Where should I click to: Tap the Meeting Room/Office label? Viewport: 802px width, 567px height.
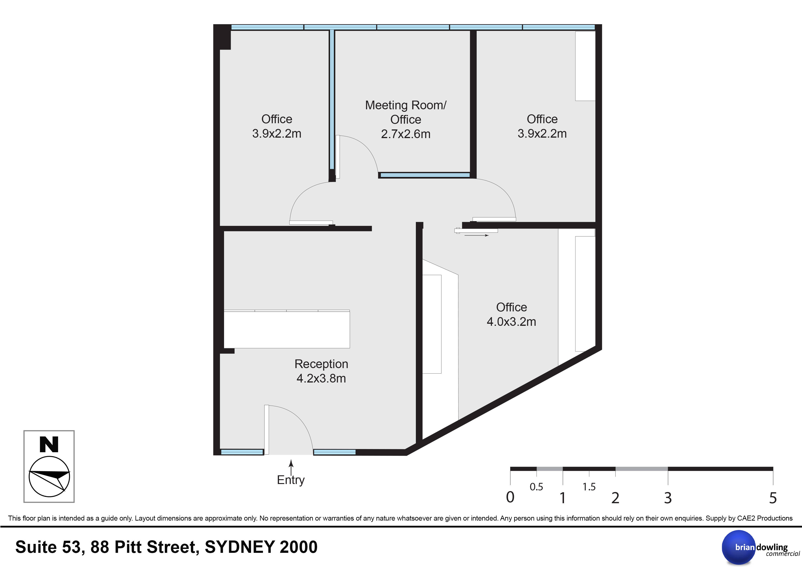coord(406,112)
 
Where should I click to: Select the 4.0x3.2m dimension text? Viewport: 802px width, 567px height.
coord(511,321)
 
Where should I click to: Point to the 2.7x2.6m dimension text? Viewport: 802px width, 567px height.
coord(406,134)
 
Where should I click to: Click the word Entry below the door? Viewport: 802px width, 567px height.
coord(291,480)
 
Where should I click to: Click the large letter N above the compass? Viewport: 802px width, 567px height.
coord(49,444)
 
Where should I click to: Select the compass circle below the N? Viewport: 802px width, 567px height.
coord(49,476)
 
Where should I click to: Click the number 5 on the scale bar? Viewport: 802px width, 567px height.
coord(773,498)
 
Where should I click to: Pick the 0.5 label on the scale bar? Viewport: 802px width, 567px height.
coord(537,487)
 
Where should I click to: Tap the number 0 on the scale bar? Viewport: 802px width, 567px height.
coord(510,497)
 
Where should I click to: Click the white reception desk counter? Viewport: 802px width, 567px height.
coord(287,329)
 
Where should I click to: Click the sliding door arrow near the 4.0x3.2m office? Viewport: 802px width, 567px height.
coord(476,235)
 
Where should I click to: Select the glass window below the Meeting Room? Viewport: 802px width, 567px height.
coord(425,175)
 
